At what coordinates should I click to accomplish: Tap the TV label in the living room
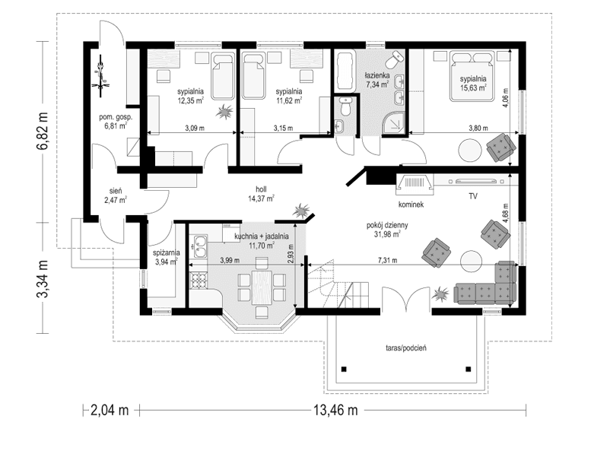pyautogui.click(x=473, y=197)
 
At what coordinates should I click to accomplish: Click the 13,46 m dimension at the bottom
pyautogui.click(x=331, y=410)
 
